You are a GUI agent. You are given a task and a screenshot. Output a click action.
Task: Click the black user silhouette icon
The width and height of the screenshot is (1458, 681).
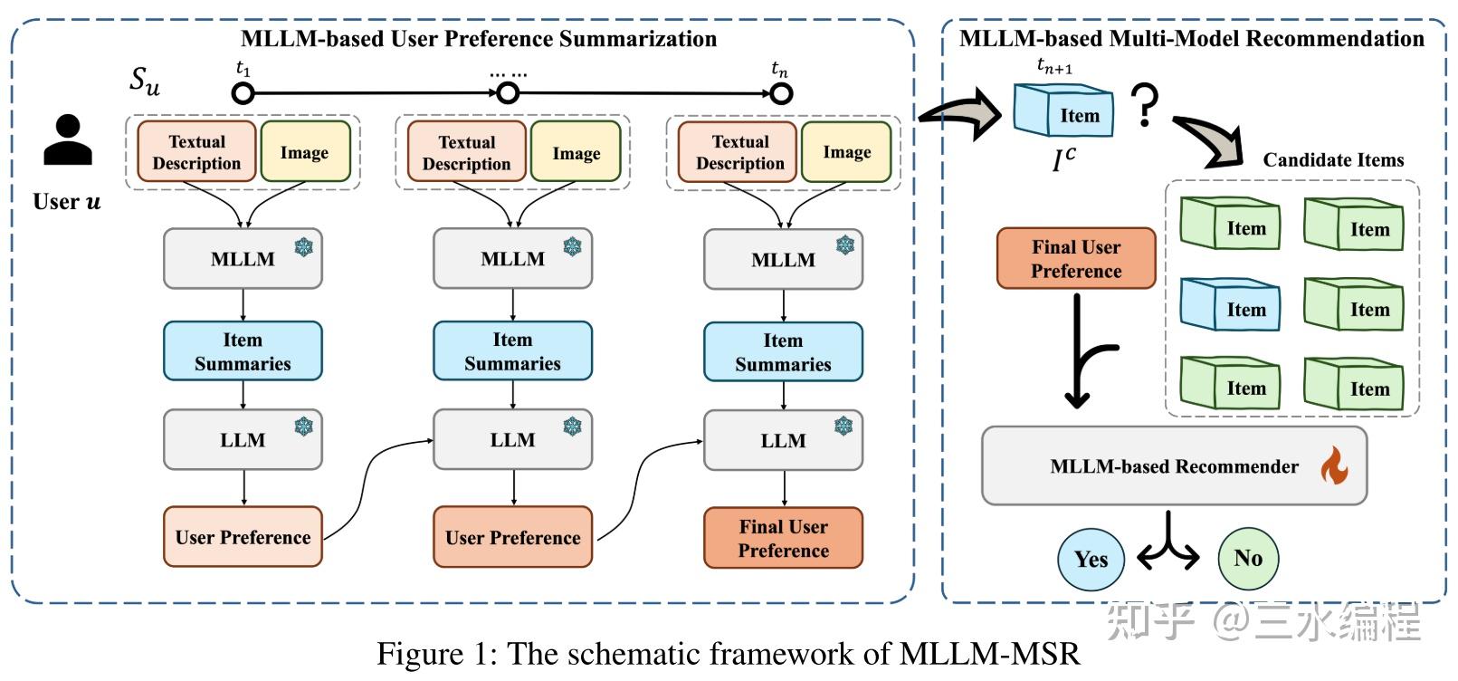click(x=68, y=140)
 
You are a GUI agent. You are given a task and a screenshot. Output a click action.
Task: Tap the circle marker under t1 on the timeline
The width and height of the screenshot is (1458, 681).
click(x=243, y=92)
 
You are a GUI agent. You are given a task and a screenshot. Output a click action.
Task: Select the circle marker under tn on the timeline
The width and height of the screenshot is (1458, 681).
click(x=781, y=92)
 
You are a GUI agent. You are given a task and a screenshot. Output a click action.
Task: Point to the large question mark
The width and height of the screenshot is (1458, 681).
click(x=1145, y=105)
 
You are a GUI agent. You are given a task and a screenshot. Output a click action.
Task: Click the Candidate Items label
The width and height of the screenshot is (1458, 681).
click(x=1333, y=160)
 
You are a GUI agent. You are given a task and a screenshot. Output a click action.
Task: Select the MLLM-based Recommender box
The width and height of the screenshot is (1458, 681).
click(x=1174, y=466)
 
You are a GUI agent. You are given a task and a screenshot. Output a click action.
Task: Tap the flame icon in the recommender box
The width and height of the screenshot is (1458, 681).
click(x=1333, y=466)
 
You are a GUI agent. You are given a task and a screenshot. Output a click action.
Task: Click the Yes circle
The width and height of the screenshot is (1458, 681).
click(x=1091, y=559)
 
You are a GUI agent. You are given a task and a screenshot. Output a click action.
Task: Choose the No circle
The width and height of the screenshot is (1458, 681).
click(x=1248, y=558)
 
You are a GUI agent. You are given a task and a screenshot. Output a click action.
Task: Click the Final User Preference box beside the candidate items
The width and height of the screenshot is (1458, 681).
click(x=1076, y=259)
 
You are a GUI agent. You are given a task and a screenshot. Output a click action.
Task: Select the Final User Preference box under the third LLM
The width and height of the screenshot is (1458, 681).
click(x=783, y=539)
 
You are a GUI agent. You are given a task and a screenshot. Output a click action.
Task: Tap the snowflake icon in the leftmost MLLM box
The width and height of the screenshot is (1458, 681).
click(x=304, y=246)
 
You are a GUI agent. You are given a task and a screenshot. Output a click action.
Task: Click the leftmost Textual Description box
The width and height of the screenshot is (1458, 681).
click(x=196, y=152)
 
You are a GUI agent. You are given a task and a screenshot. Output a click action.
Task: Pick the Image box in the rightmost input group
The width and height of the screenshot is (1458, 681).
click(x=846, y=152)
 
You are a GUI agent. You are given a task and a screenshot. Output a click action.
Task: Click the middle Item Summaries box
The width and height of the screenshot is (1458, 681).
click(x=512, y=351)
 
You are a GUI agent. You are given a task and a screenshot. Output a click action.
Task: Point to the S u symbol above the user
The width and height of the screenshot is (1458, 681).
click(x=145, y=81)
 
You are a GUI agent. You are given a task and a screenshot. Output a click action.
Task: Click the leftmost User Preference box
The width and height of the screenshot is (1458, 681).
click(x=243, y=537)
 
